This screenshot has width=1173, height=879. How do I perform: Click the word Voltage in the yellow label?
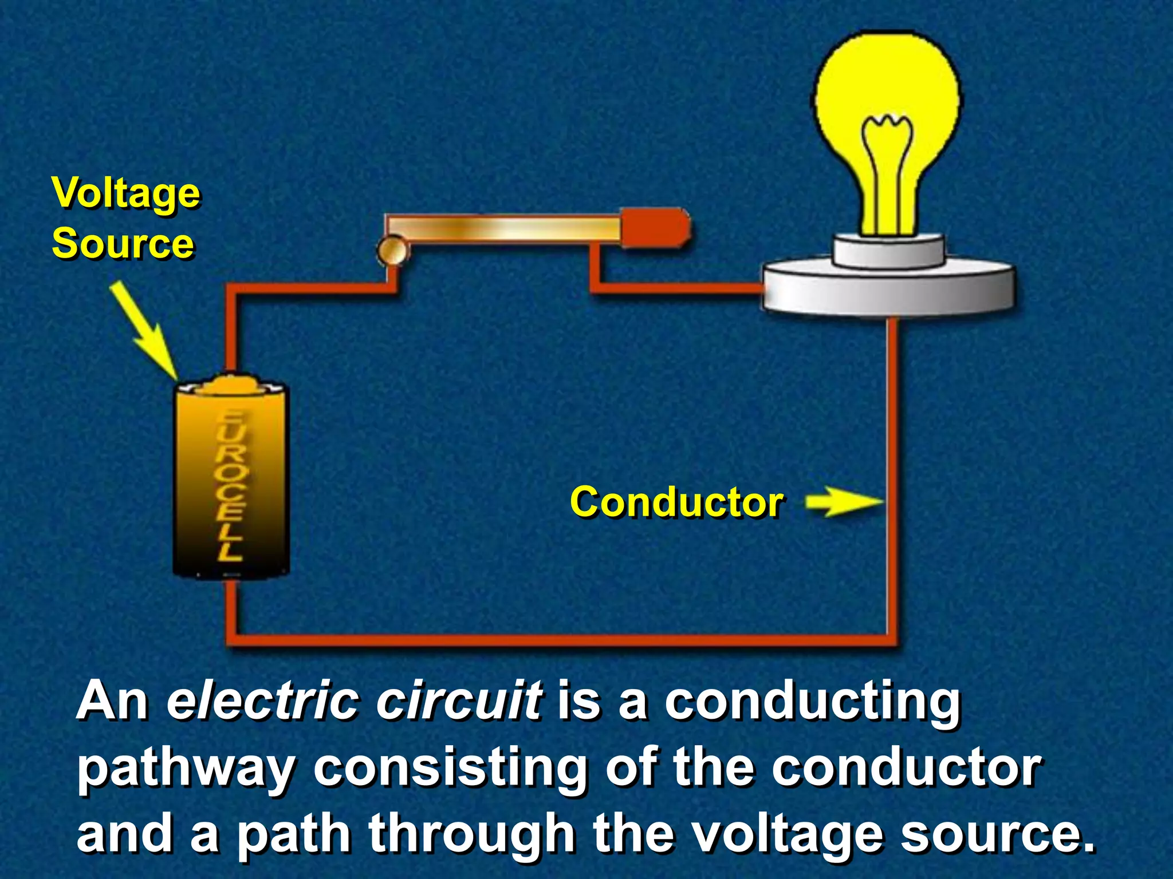(x=126, y=193)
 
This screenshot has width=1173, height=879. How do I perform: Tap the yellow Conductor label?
(x=676, y=502)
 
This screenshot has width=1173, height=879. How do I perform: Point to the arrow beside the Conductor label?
(x=845, y=502)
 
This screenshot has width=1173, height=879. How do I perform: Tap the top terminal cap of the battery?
(x=232, y=384)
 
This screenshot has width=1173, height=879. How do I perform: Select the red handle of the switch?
(x=656, y=228)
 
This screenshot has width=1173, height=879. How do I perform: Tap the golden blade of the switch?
(x=504, y=228)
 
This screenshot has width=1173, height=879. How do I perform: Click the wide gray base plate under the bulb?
(x=888, y=289)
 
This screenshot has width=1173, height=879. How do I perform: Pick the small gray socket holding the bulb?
(x=888, y=252)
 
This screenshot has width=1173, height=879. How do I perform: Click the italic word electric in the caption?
(x=261, y=701)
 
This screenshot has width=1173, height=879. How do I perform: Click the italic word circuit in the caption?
(x=458, y=701)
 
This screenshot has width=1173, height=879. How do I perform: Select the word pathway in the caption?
(x=186, y=770)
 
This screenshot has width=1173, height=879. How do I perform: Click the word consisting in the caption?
(x=450, y=770)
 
